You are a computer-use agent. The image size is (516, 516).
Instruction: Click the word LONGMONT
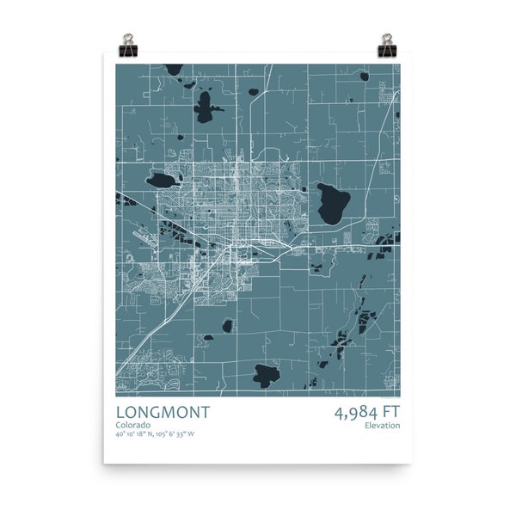[162, 413]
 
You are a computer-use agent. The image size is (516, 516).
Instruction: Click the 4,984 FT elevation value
[366, 413]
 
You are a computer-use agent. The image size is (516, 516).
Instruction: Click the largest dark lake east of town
[331, 203]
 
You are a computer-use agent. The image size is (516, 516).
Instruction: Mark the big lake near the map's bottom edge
[267, 375]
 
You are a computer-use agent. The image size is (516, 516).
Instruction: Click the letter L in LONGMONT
[120, 413]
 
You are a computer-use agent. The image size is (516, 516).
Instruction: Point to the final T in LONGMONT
[204, 413]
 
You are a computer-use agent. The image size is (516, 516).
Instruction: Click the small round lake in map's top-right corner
[365, 76]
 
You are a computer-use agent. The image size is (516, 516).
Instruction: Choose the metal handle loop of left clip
[129, 39]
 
